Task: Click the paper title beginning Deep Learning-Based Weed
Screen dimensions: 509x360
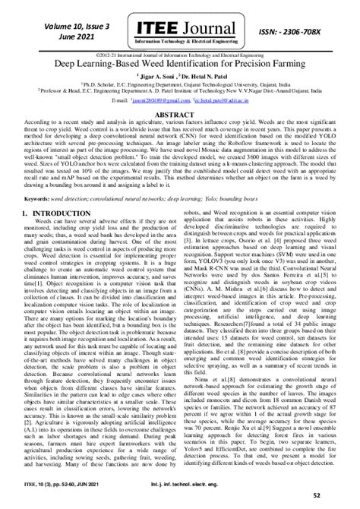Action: (x=180, y=66)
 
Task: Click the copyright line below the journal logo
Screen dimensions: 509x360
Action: (x=180, y=55)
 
